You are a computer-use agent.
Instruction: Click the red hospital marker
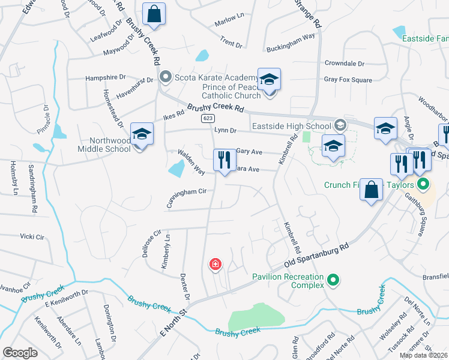coord(214,264)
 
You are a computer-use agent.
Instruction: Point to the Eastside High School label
coord(291,126)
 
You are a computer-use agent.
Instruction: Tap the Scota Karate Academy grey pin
coord(166,77)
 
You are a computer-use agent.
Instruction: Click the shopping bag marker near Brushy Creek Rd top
coord(154,14)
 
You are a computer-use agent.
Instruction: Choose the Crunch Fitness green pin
coord(423,184)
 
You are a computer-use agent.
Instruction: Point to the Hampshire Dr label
coord(106,77)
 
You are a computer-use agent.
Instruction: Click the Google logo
coord(20,353)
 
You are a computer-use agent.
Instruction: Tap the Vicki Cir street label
coord(32,236)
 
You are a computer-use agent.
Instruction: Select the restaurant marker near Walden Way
coord(224,160)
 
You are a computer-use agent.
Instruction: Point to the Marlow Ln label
coord(230,24)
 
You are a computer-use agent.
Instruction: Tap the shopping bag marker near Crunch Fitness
coord(372,189)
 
